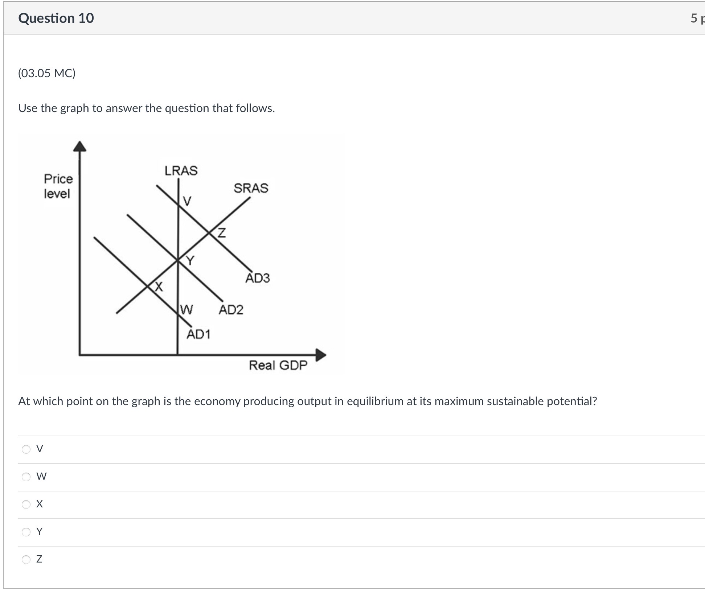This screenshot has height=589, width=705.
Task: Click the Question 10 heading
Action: pos(56,18)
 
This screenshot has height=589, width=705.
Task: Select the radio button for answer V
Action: pos(26,449)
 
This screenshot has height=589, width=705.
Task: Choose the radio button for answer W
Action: pos(26,477)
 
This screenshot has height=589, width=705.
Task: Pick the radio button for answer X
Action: pos(26,504)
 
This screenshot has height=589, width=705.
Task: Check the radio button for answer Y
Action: pos(26,532)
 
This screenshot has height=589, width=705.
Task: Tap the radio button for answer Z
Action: pos(26,559)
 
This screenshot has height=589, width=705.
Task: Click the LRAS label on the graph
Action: pos(181,170)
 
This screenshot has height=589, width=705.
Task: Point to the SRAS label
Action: pos(251,188)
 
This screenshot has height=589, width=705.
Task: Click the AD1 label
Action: pos(198,334)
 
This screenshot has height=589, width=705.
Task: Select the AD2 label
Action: pos(231,310)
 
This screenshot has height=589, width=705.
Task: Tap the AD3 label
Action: pos(258,278)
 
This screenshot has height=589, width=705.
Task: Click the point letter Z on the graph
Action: pos(222,232)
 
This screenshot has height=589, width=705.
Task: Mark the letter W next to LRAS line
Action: pos(187,309)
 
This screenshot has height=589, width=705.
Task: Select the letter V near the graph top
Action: pos(187,201)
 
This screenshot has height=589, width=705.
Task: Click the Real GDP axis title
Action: pos(278,365)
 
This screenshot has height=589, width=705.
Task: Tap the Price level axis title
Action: pos(58,186)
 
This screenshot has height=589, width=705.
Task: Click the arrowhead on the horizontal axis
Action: pos(321,355)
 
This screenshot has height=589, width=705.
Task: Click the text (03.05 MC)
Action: pos(47,74)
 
